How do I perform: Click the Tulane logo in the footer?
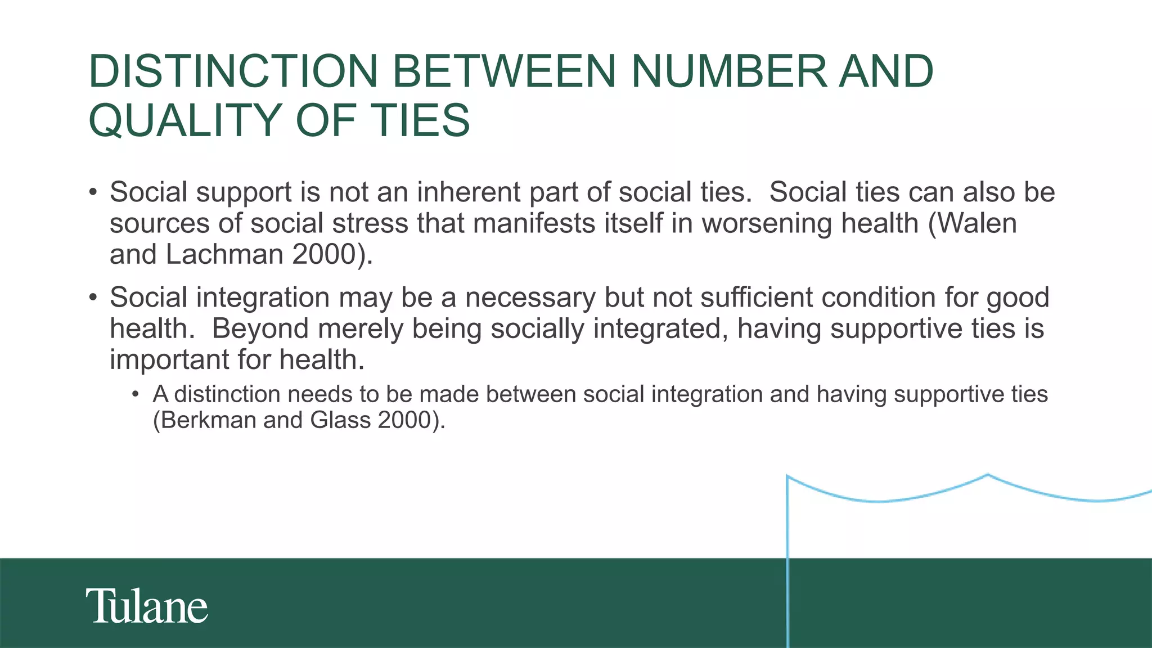[x=147, y=606]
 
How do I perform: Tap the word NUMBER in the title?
[x=729, y=71]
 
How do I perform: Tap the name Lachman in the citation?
[x=224, y=254]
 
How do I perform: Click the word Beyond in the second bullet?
[x=260, y=328]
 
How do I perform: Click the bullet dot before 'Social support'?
[x=93, y=193]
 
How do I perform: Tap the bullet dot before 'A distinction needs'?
[x=135, y=394]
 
